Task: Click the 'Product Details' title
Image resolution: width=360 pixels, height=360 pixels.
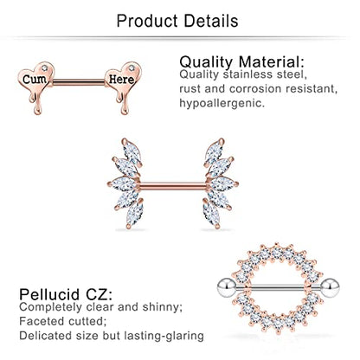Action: (177, 21)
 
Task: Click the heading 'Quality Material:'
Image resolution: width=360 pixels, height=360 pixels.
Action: (241, 61)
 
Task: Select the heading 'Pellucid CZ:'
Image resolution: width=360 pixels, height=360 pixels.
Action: (66, 294)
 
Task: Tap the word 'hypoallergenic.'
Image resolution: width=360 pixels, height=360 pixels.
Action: (222, 103)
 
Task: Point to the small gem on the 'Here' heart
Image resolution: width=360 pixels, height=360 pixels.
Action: (132, 68)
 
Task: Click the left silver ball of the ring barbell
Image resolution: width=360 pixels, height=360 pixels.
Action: (227, 287)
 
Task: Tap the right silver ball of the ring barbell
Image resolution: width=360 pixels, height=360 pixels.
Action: (330, 287)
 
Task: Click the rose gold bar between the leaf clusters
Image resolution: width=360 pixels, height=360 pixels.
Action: (173, 186)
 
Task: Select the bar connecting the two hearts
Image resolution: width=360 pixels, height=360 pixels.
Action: (79, 82)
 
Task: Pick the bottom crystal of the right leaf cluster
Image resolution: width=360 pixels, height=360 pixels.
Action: (211, 214)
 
